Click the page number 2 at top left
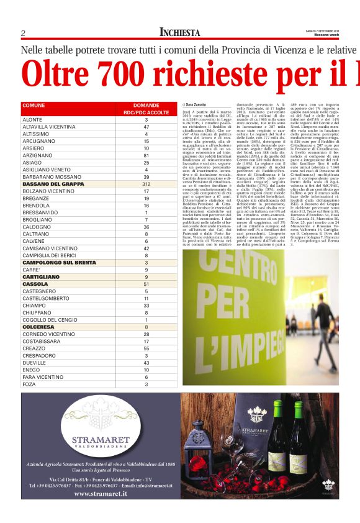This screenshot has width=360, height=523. [x=23, y=33]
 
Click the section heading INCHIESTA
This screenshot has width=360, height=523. [x=180, y=32]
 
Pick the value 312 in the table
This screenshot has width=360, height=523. [x=146, y=184]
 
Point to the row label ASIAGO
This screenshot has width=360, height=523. [x=32, y=163]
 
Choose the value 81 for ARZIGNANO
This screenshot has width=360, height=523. [x=146, y=155]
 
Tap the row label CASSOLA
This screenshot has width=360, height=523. [x=35, y=284]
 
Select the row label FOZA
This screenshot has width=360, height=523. [x=29, y=384]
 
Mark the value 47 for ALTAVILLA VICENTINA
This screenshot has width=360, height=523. [x=146, y=127]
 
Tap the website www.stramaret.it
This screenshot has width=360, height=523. [x=101, y=494]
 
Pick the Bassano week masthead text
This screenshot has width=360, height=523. [x=325, y=35]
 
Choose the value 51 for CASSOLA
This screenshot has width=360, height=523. [x=146, y=284]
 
